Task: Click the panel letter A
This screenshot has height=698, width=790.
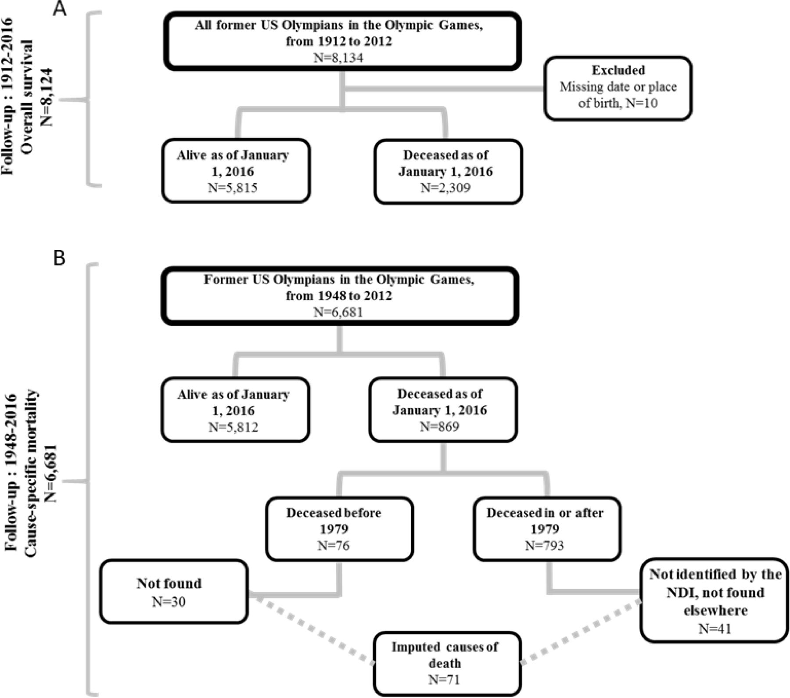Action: pyautogui.click(x=59, y=9)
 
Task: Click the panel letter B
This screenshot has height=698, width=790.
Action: pyautogui.click(x=59, y=258)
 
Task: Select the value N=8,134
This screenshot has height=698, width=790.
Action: pyautogui.click(x=338, y=58)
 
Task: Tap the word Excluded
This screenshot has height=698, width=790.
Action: pyautogui.click(x=618, y=70)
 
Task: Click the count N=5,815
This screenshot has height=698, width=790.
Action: pyautogui.click(x=233, y=188)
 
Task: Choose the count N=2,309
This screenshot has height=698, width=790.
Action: pyautogui.click(x=445, y=188)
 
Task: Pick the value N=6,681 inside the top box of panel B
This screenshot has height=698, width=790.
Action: pyautogui.click(x=338, y=312)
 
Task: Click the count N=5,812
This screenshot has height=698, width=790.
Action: pyautogui.click(x=233, y=427)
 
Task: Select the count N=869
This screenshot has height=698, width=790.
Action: pyautogui.click(x=439, y=427)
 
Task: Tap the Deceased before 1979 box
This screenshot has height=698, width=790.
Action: pyautogui.click(x=339, y=529)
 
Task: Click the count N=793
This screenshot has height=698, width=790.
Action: pyautogui.click(x=544, y=545)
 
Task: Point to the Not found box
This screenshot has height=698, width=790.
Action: pyautogui.click(x=174, y=591)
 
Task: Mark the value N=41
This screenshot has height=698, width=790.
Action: pyautogui.click(x=715, y=629)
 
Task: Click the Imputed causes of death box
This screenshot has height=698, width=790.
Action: pyautogui.click(x=447, y=663)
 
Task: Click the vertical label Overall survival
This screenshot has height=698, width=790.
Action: pyautogui.click(x=27, y=97)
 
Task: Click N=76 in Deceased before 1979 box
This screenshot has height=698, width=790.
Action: pyautogui.click(x=334, y=545)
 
